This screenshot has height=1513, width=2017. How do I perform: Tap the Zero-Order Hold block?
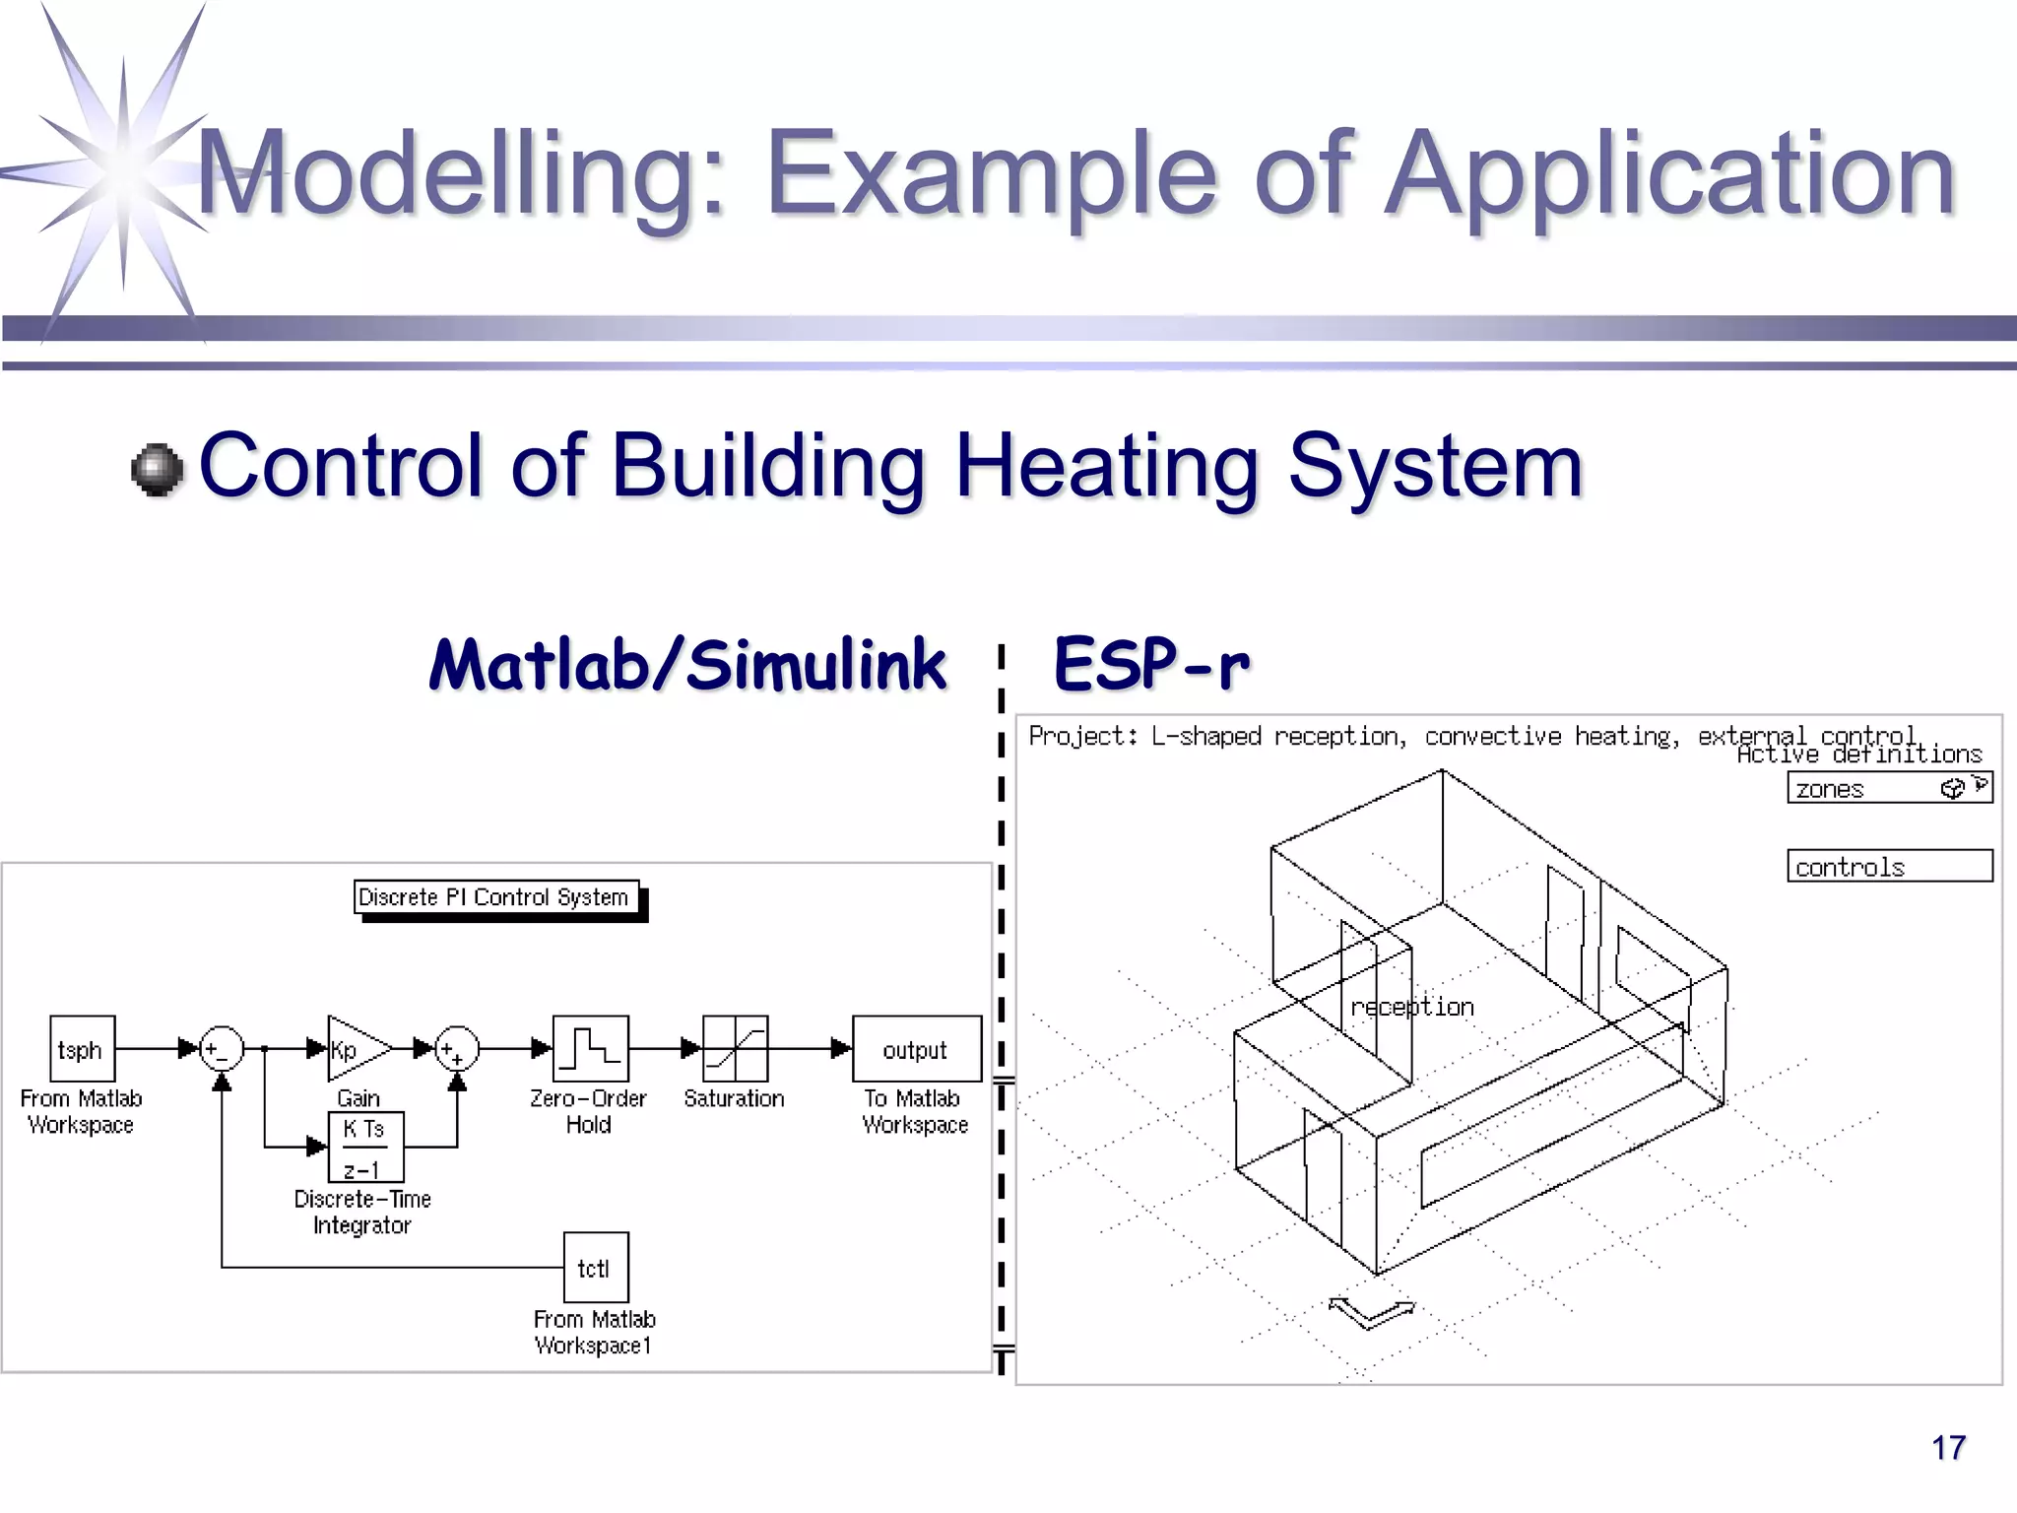click(x=590, y=1049)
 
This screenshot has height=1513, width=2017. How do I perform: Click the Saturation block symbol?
click(x=735, y=1049)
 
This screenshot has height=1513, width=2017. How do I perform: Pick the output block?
click(x=916, y=1049)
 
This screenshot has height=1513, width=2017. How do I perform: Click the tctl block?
click(x=595, y=1268)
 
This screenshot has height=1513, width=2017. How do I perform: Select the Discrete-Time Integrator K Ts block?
click(x=365, y=1148)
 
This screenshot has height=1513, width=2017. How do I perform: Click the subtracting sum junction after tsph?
click(x=222, y=1049)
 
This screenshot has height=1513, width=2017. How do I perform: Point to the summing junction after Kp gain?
click(x=457, y=1049)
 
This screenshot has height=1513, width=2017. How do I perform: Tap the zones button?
click(x=1888, y=788)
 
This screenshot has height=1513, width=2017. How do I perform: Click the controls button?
click(x=1888, y=866)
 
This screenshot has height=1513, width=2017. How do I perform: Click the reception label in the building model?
click(x=1411, y=1007)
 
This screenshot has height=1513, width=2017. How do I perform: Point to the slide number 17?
click(x=1947, y=1448)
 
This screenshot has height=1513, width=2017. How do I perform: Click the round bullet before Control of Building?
click(x=158, y=470)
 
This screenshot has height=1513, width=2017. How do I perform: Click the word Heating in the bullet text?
click(x=1107, y=466)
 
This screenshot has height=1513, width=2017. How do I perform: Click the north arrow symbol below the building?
click(x=1371, y=1312)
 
